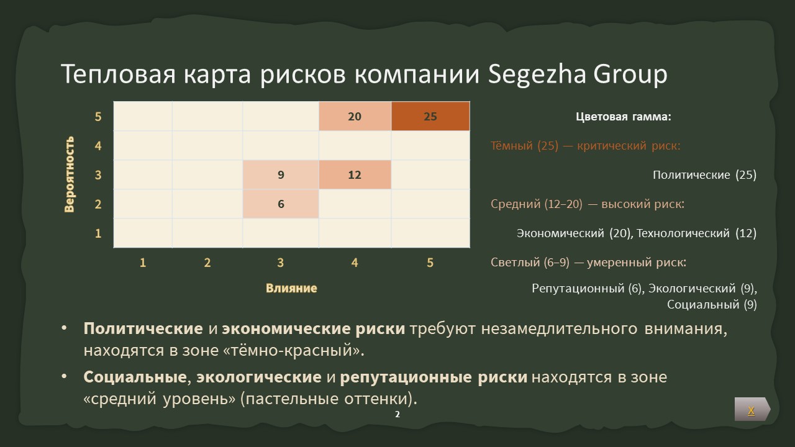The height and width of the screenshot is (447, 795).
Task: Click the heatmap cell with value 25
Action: (430, 116)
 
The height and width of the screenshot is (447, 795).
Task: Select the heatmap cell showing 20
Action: (355, 116)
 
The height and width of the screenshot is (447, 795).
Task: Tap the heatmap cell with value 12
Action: (355, 175)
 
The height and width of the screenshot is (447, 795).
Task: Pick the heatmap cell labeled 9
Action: (281, 175)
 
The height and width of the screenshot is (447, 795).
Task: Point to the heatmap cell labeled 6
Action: (281, 204)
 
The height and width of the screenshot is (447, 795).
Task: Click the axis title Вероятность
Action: (70, 174)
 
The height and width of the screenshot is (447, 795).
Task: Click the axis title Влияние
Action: (291, 288)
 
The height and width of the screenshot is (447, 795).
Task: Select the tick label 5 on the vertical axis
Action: (98, 117)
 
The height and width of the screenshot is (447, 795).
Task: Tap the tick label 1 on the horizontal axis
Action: (143, 263)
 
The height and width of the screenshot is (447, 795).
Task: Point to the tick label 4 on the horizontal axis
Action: (355, 263)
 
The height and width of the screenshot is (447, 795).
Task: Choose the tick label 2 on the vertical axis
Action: (98, 204)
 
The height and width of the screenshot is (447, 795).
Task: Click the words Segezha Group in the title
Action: (578, 74)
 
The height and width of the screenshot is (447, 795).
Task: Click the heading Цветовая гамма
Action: (624, 117)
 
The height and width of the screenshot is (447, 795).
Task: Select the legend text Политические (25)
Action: (704, 175)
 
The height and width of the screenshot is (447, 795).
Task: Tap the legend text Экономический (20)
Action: (573, 233)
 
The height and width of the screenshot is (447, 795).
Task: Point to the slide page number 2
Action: (397, 414)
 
